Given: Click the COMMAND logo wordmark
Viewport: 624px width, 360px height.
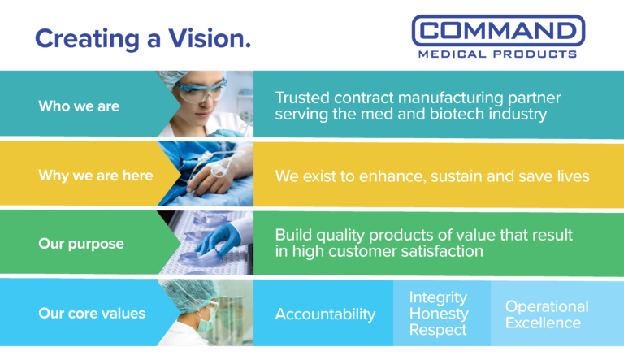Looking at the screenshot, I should point(497,32).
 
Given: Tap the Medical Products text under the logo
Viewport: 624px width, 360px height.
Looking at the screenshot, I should point(497,54).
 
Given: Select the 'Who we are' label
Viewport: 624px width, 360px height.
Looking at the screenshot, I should point(79,106).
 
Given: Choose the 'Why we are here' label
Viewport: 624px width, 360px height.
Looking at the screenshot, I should point(95,176).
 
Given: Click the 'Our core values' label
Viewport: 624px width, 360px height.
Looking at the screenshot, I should point(92,313).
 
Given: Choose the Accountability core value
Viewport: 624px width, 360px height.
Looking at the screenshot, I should point(325,314).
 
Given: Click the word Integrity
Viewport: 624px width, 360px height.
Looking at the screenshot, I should point(438,297).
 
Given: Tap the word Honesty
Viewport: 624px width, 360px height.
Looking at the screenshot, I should point(439,314).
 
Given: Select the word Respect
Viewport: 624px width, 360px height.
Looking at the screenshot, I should point(438,330).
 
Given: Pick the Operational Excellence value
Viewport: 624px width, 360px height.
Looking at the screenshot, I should point(546,314).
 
